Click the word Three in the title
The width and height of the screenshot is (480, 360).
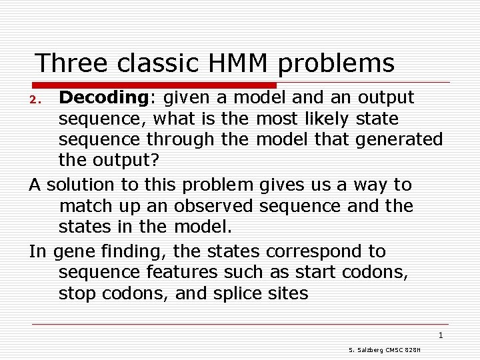(71, 63)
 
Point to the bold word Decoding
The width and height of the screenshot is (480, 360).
(103, 98)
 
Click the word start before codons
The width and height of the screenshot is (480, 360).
(315, 273)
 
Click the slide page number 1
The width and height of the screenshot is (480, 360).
(441, 335)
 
